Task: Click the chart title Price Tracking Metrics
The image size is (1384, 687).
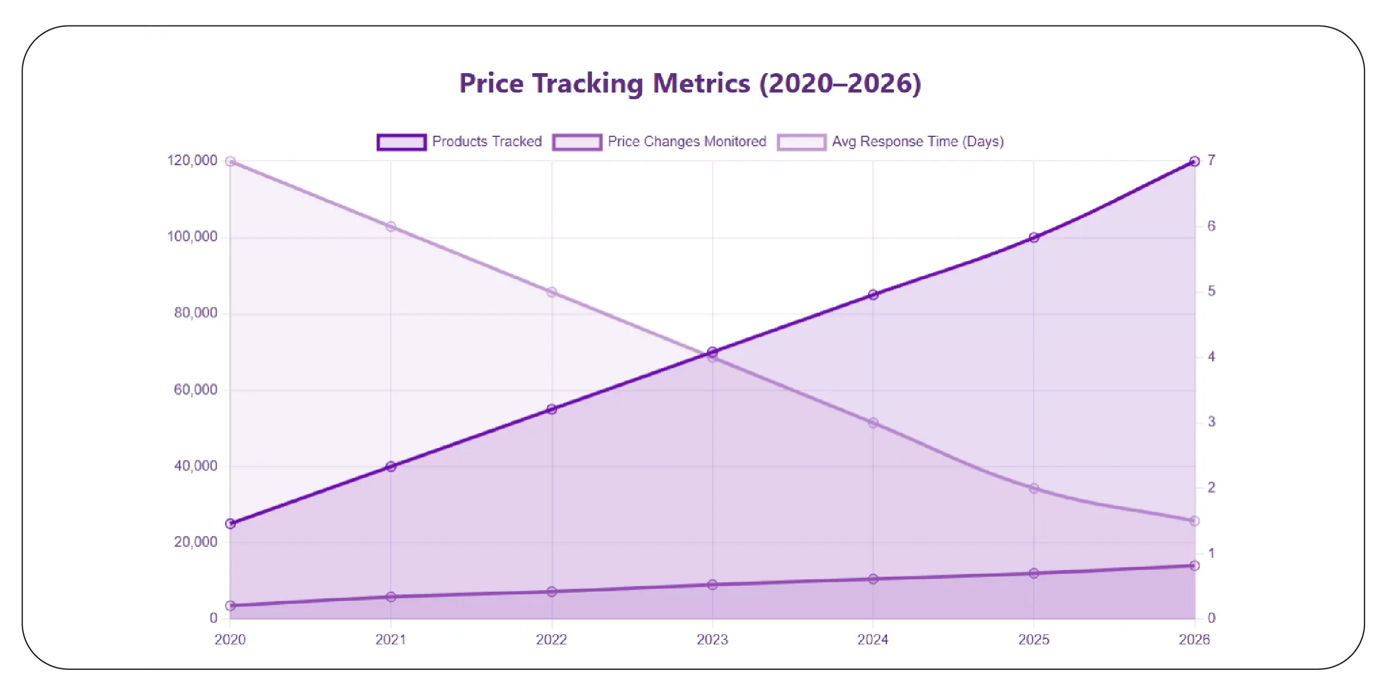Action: pyautogui.click(x=690, y=84)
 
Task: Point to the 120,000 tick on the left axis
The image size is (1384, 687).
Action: pyautogui.click(x=192, y=161)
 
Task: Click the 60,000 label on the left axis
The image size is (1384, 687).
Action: pyautogui.click(x=195, y=389)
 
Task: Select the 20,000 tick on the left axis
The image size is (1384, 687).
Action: pyautogui.click(x=195, y=542)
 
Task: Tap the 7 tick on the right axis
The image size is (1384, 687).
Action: pyautogui.click(x=1212, y=161)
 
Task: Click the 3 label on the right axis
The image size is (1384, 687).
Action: pyautogui.click(x=1212, y=422)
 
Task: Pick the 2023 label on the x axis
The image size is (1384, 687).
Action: pyautogui.click(x=712, y=639)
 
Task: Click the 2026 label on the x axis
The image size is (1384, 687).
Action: pyautogui.click(x=1194, y=639)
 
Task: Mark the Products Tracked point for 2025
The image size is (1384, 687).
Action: pyautogui.click(x=1034, y=238)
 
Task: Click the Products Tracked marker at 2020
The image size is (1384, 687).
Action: pyautogui.click(x=231, y=524)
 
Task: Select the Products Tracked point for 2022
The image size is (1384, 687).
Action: pyautogui.click(x=551, y=409)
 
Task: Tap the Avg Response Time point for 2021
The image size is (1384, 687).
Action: pyautogui.click(x=391, y=227)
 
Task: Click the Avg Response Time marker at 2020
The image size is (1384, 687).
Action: pyautogui.click(x=231, y=161)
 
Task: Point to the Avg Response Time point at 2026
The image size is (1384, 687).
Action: pyautogui.click(x=1194, y=521)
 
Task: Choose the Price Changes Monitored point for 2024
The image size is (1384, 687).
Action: pyautogui.click(x=873, y=579)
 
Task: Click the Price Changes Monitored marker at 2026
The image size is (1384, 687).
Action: pyautogui.click(x=1194, y=566)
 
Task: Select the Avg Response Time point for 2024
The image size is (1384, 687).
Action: pyautogui.click(x=873, y=423)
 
